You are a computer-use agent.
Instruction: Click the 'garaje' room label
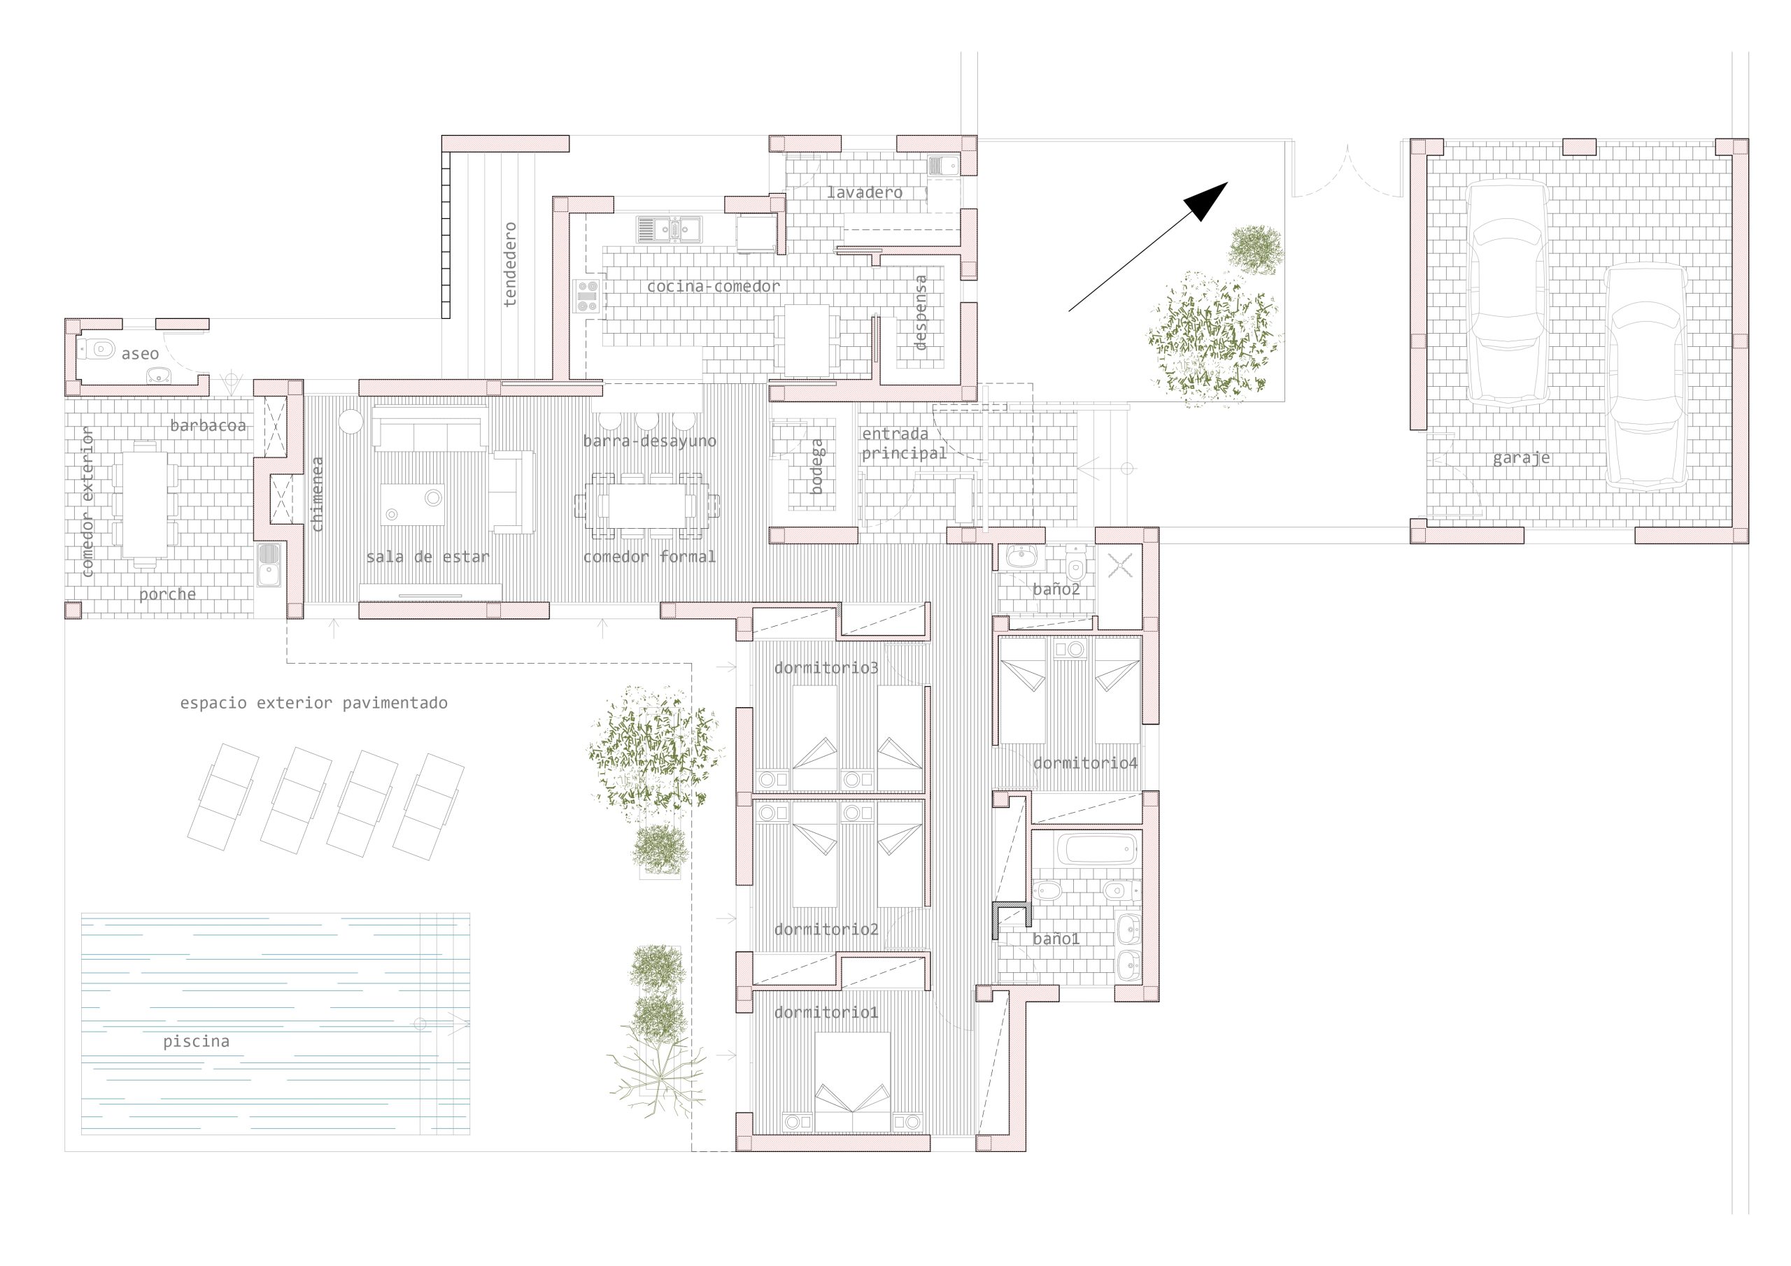(x=1521, y=458)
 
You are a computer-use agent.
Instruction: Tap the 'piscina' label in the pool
(x=196, y=1041)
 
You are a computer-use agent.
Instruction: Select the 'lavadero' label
(x=864, y=192)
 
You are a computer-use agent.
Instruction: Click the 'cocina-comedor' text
(x=713, y=286)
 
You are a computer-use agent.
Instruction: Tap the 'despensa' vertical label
(x=921, y=312)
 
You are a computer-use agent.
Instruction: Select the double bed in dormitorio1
(x=853, y=1082)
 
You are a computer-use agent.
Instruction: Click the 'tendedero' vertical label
(x=509, y=264)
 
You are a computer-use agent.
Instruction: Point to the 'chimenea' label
(x=317, y=495)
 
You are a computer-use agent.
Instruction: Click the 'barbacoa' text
(x=208, y=425)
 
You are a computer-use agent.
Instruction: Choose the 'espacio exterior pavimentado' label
(x=313, y=703)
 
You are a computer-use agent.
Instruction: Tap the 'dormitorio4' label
(x=1085, y=763)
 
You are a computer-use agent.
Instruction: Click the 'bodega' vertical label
(x=816, y=466)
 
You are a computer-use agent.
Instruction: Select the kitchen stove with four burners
(x=588, y=297)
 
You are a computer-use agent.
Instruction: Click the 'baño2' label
(x=1056, y=589)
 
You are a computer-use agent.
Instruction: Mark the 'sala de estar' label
(x=427, y=557)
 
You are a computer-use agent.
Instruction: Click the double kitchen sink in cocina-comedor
(x=670, y=229)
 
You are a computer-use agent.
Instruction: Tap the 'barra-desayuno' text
(x=649, y=441)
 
